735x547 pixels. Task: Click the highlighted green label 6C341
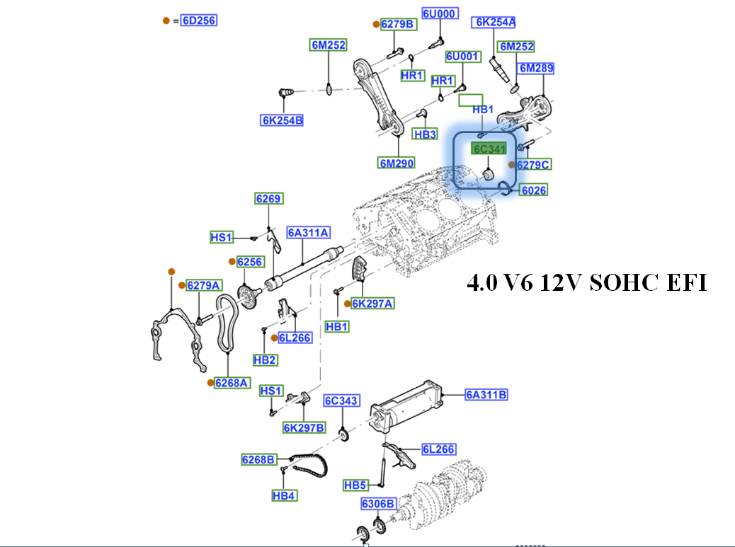[x=489, y=149]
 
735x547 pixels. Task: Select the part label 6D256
[x=198, y=21]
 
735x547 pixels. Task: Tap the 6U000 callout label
[x=440, y=13]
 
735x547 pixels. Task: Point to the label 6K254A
[x=495, y=23]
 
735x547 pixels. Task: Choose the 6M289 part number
[x=536, y=69]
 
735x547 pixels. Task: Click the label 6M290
[x=396, y=163]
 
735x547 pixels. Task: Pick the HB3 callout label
[x=426, y=134]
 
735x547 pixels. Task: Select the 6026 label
[x=534, y=190]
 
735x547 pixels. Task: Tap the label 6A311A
[x=309, y=233]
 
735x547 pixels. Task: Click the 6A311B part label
[x=486, y=395]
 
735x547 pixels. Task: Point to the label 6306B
[x=378, y=504]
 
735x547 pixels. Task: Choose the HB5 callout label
[x=355, y=485]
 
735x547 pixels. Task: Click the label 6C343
[x=342, y=401]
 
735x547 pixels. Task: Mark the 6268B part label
[x=258, y=460]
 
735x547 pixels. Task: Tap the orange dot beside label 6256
[x=232, y=262]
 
